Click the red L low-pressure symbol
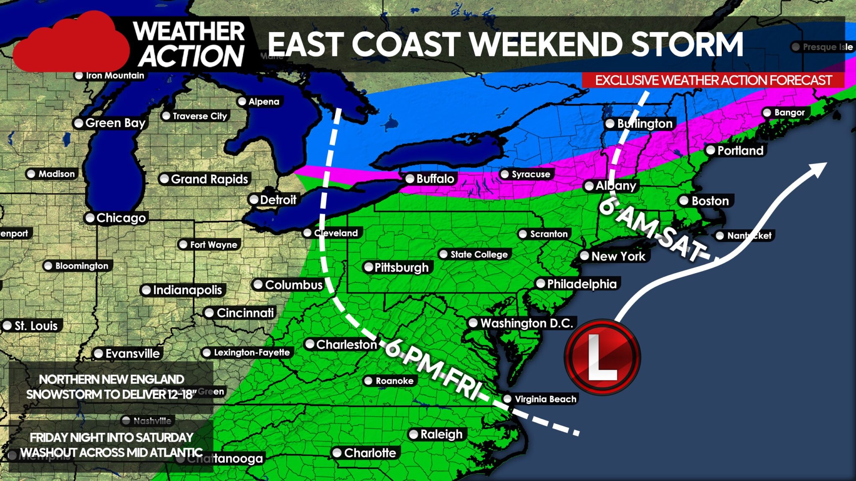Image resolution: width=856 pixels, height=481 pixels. pos(602,357)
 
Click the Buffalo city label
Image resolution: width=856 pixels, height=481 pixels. pos(435,179)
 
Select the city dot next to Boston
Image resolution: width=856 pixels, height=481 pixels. pos(684,201)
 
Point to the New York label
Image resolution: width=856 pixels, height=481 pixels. pos(618,256)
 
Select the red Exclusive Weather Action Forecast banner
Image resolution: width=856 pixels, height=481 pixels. pos(713,80)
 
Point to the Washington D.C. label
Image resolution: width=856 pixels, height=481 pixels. pos(527,323)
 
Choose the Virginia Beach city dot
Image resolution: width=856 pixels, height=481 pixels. pos(507,399)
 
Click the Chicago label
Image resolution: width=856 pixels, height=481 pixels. pos(121,218)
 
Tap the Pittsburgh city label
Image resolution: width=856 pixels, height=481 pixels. pos(401,267)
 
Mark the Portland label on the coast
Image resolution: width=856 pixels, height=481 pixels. pos(740,150)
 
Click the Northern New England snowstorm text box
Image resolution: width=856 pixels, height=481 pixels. pos(111,387)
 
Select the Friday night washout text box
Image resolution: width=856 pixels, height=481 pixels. pos(111,445)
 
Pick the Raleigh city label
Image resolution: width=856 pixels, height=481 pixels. pos(441,434)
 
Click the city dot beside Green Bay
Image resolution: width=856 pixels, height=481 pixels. pos(79,123)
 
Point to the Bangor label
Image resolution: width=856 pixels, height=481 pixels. pos(789,112)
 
